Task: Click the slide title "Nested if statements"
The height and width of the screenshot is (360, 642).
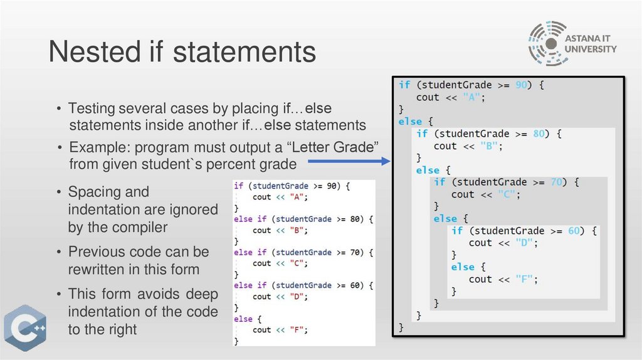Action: pos(182,51)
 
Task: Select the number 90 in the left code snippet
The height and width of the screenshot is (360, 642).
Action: pos(334,186)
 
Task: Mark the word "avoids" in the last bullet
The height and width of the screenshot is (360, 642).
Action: pos(159,294)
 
